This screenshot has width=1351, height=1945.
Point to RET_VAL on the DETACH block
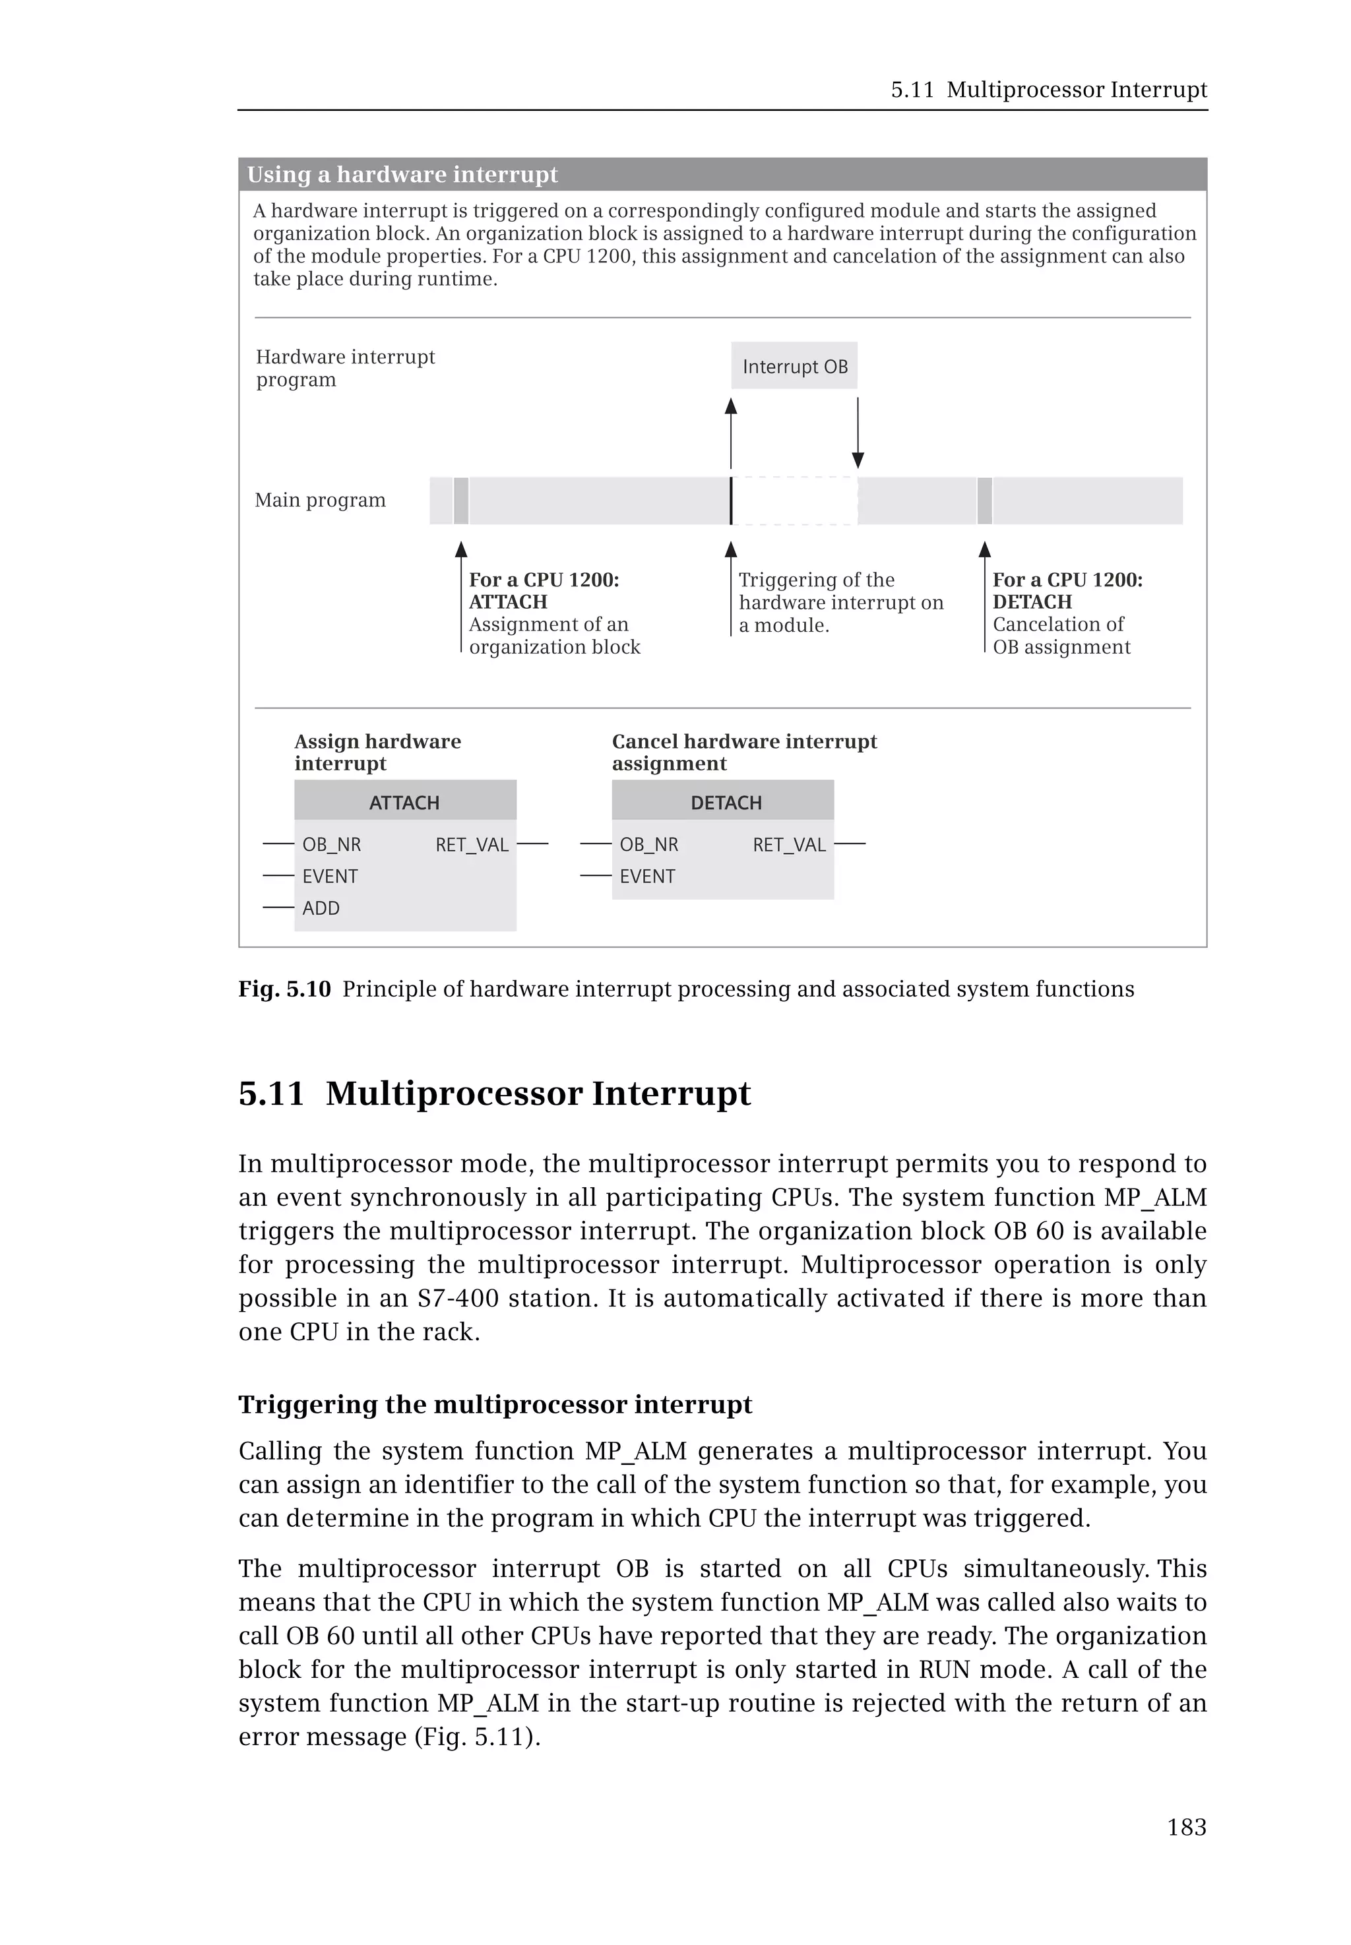coord(788,845)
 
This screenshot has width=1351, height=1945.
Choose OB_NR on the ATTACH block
coord(331,845)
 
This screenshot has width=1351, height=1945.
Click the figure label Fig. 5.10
coord(284,989)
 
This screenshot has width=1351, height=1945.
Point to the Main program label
coord(320,500)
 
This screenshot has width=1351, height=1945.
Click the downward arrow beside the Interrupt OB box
coord(858,431)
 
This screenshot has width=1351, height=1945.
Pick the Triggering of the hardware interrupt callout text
coord(840,602)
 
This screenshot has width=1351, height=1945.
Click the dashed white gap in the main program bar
coord(794,500)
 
